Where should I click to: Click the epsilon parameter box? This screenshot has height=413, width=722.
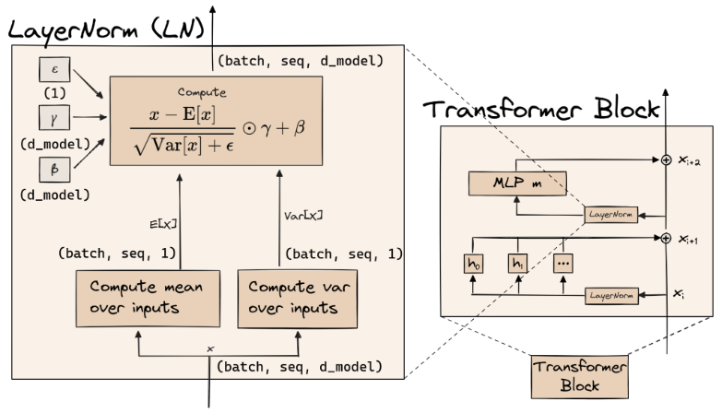pyautogui.click(x=54, y=69)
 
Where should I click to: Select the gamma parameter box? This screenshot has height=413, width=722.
pyautogui.click(x=54, y=118)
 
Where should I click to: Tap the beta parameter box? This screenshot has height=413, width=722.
pyautogui.click(x=54, y=170)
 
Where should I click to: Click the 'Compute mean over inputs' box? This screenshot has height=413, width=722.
pyautogui.click(x=148, y=299)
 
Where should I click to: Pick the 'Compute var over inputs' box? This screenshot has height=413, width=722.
pyautogui.click(x=298, y=299)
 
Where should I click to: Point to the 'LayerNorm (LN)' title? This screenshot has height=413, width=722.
pyautogui.click(x=106, y=29)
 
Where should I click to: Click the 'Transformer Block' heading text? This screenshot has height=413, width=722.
pyautogui.click(x=541, y=110)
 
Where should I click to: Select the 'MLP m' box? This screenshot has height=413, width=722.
pyautogui.click(x=517, y=183)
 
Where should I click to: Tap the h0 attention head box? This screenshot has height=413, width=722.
pyautogui.click(x=473, y=264)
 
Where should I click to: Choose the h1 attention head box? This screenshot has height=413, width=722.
pyautogui.click(x=517, y=264)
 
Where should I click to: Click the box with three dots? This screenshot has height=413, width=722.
pyautogui.click(x=563, y=264)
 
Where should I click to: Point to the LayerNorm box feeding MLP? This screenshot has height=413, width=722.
pyautogui.click(x=611, y=215)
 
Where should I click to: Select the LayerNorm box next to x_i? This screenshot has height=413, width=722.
pyautogui.click(x=611, y=296)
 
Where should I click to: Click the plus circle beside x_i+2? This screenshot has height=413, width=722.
pyautogui.click(x=666, y=159)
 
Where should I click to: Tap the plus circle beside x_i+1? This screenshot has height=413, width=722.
pyautogui.click(x=666, y=238)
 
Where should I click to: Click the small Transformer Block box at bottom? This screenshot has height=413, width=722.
pyautogui.click(x=580, y=376)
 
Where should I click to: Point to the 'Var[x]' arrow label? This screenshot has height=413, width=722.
pyautogui.click(x=303, y=216)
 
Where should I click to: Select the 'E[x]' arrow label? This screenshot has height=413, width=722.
pyautogui.click(x=163, y=224)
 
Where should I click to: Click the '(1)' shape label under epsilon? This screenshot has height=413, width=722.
pyautogui.click(x=54, y=93)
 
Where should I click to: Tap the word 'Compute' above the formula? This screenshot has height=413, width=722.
pyautogui.click(x=202, y=92)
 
